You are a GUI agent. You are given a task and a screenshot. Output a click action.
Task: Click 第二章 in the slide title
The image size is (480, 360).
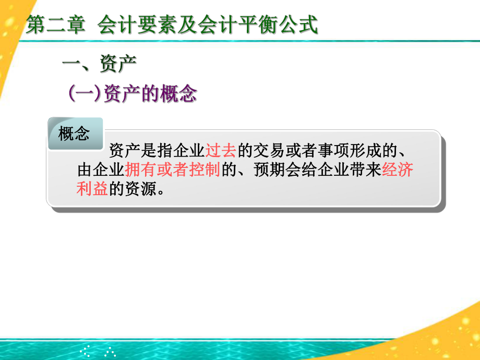[55, 26]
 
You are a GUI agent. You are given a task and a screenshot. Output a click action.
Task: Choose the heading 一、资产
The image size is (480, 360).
[99, 66]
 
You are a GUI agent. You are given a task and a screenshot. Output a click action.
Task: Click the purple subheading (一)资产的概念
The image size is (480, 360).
[133, 94]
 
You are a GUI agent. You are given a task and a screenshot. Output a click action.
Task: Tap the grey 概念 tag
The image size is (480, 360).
[75, 134]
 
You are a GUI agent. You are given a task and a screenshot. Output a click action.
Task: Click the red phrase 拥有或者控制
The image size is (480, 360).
[172, 170]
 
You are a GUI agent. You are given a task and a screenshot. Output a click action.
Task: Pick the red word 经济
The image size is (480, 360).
[398, 170]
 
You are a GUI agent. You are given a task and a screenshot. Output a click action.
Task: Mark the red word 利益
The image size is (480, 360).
[92, 188]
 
